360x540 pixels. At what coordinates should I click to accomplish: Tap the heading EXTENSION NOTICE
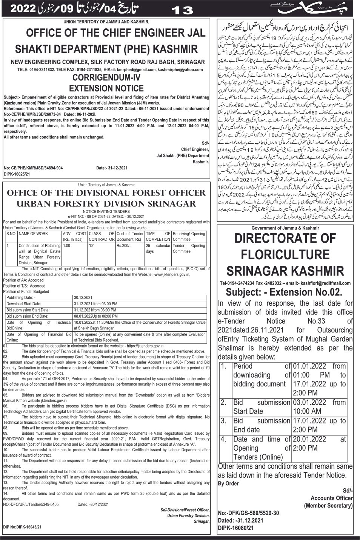pos(107,89)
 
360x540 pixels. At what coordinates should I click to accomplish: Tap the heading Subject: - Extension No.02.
pos(284,292)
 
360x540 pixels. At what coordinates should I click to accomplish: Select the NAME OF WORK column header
pos(33,234)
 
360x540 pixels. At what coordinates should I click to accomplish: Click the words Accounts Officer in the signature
pos(332,498)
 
